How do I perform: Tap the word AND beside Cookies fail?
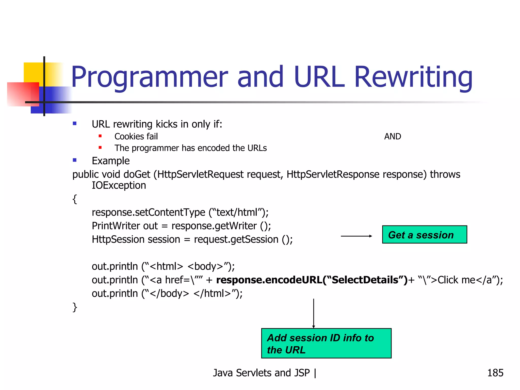(393, 137)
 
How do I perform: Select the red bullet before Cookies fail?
(100, 136)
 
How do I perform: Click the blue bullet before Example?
(75, 160)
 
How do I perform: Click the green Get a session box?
(424, 235)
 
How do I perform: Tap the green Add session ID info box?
(326, 343)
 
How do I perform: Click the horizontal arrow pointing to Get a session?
(356, 236)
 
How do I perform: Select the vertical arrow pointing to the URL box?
(314, 313)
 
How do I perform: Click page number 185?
(495, 373)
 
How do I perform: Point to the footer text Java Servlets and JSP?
(262, 373)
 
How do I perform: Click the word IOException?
(119, 186)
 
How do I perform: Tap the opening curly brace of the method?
(75, 199)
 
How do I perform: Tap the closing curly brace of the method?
(75, 307)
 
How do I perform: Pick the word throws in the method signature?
(445, 174)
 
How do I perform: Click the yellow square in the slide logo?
(33, 72)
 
